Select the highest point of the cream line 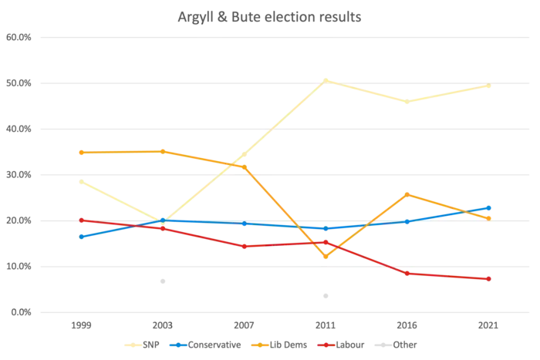[x=326, y=78]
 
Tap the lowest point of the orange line [x=326, y=257]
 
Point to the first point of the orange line [x=81, y=152]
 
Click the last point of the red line [x=491, y=278]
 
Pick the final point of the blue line [x=491, y=207]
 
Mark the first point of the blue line [x=81, y=236]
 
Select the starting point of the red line [x=81, y=220]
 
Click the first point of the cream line [x=81, y=182]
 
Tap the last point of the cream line [x=491, y=86]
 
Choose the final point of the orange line [x=491, y=218]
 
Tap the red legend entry [x=343, y=345]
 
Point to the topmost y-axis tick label [x=20, y=36]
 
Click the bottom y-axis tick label [x=20, y=314]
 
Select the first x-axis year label [x=81, y=327]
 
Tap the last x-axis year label [x=491, y=327]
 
